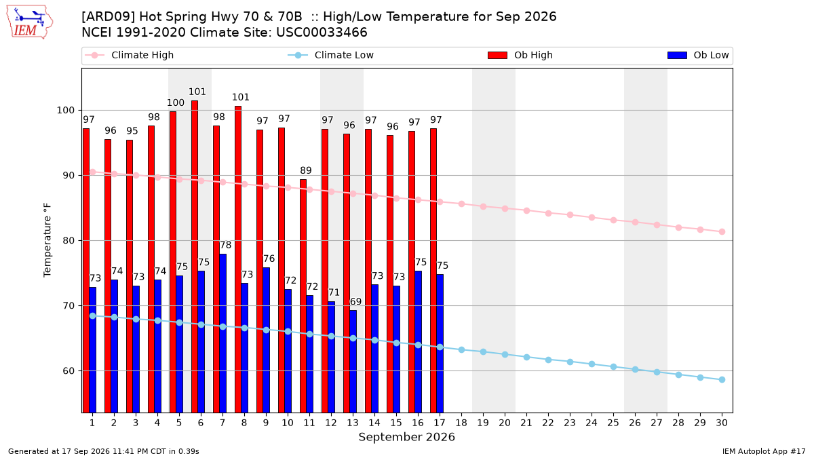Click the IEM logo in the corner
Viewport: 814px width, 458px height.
tap(29, 22)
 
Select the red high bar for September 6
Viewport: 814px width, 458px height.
tap(195, 256)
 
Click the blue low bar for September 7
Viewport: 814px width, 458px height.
tap(222, 333)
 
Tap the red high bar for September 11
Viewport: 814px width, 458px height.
tap(303, 296)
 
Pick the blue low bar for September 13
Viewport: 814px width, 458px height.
tap(353, 361)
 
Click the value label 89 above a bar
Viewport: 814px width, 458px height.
tap(306, 170)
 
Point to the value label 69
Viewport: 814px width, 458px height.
tap(355, 301)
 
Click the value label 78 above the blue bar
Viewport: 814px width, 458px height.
tap(225, 245)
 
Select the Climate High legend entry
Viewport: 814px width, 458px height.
tap(130, 55)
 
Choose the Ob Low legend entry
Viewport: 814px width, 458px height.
tap(698, 55)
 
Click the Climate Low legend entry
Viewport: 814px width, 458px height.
tap(331, 55)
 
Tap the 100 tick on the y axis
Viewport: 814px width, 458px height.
tap(65, 110)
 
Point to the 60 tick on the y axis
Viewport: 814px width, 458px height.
tap(69, 370)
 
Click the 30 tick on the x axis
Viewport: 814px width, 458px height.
tap(722, 423)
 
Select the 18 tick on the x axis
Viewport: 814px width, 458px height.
tap(461, 423)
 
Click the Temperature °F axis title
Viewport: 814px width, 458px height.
tap(47, 240)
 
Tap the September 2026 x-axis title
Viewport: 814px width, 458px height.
tap(406, 437)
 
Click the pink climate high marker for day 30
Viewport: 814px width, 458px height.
tap(722, 231)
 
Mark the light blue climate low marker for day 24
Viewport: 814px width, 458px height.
tap(592, 364)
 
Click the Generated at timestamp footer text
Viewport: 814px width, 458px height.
tap(104, 451)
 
